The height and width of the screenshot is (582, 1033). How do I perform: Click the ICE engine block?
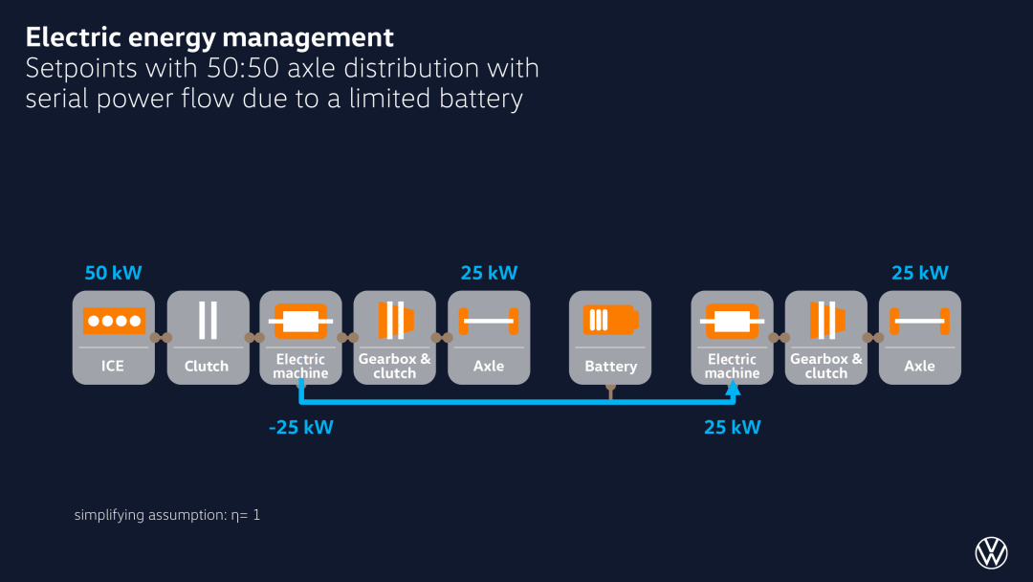coord(113,338)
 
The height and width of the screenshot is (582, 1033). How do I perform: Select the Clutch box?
coord(209,338)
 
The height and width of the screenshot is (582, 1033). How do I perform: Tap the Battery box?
coord(610,338)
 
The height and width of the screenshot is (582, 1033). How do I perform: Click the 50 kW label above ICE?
coord(113,273)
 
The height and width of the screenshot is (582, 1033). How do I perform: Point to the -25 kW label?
coord(301,427)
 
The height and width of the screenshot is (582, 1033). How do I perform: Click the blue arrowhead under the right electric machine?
coord(733,389)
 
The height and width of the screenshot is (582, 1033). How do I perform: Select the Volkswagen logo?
coord(991,552)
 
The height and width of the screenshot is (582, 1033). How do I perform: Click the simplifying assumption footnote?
coord(167,515)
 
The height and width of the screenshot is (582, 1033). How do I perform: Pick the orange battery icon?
coord(610,321)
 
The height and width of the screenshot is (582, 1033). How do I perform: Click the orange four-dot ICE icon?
coord(114,321)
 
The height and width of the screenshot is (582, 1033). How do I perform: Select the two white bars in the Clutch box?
coord(209,321)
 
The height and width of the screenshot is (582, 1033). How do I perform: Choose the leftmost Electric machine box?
coord(300,338)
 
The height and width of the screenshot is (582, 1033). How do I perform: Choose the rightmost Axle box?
coord(920,338)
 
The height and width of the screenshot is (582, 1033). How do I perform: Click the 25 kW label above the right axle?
coord(920,273)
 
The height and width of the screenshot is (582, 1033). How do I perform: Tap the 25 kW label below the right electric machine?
coord(732,427)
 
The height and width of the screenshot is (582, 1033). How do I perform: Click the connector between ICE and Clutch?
coord(161,338)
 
